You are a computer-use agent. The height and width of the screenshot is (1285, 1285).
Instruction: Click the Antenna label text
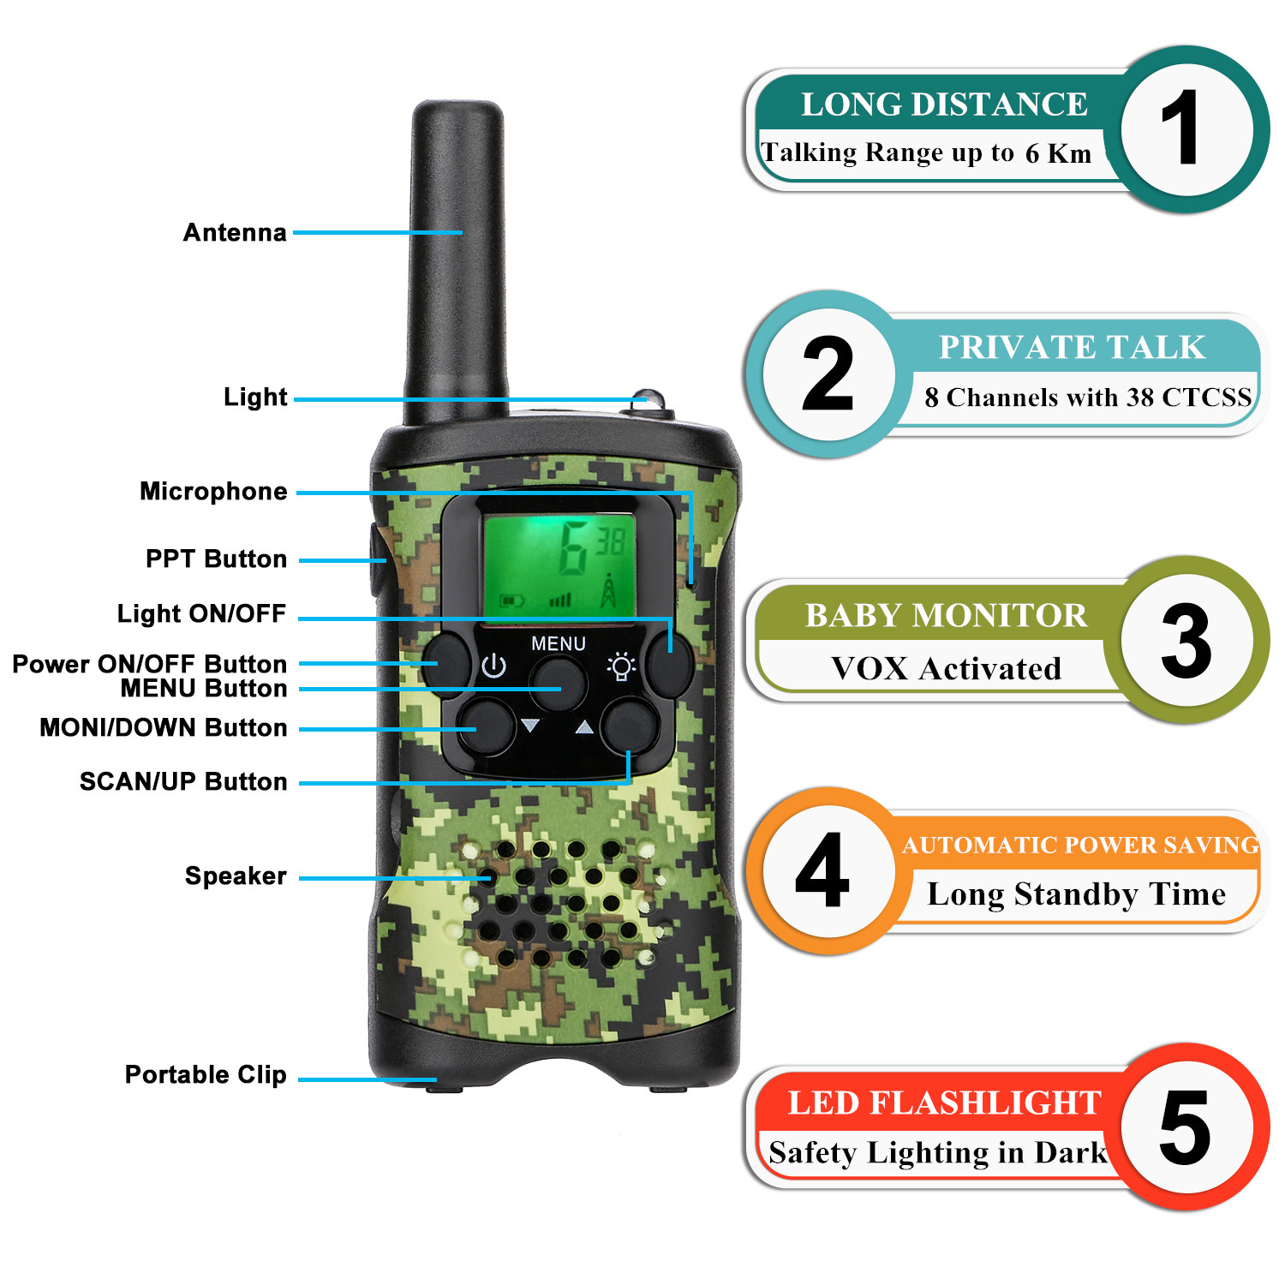pos(235,232)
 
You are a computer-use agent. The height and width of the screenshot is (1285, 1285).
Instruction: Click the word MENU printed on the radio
pos(559,643)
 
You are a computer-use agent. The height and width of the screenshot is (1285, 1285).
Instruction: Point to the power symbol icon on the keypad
pos(493,666)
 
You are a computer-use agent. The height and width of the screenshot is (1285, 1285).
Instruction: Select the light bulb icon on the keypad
pos(621,666)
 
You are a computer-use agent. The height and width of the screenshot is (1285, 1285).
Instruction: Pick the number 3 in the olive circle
pos(1186,640)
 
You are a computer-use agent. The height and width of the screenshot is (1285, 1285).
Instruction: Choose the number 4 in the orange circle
pos(822,870)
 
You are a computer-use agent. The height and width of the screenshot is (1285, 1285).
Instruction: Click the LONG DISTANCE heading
pos(944,105)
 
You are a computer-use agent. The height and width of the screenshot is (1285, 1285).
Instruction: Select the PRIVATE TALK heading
pos(1072,347)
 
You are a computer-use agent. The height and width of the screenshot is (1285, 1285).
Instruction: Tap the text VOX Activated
pos(946,668)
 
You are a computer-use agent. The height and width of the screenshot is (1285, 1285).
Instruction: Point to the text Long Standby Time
pos(1076,894)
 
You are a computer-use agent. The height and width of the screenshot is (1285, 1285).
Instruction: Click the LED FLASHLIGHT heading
pos(944,1103)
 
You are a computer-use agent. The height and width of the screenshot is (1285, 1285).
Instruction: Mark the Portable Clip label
pos(206,1074)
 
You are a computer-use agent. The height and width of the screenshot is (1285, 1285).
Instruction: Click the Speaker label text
pos(236,876)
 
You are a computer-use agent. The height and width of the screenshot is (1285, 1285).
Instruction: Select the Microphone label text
pos(213,491)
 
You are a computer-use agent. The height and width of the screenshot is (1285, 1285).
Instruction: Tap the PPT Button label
pos(216,559)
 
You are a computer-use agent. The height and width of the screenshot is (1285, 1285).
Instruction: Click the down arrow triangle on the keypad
pos(530,726)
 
